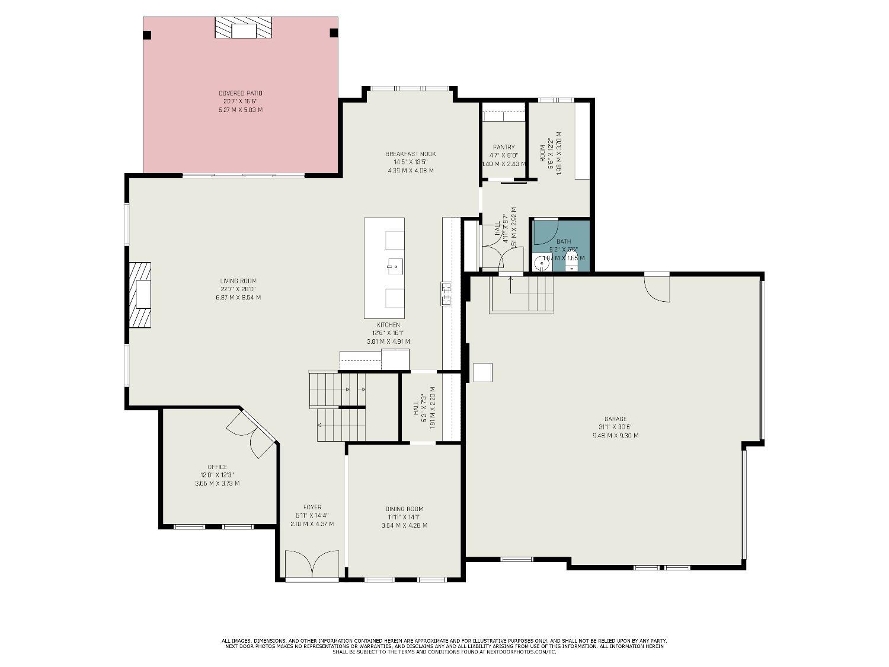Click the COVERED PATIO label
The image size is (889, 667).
point(240,93)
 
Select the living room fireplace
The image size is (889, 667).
point(140,295)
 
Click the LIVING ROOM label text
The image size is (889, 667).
point(238,281)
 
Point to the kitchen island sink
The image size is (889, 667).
point(394,267)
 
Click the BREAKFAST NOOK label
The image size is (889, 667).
point(410,154)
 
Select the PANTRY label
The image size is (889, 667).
point(504,147)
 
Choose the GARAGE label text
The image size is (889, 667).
point(615,419)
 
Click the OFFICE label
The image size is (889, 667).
point(217,467)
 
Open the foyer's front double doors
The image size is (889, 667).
point(312,564)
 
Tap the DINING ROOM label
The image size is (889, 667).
point(404,509)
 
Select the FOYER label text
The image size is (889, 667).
point(312,507)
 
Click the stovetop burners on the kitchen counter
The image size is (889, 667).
point(446,293)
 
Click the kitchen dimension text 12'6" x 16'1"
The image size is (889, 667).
point(388,333)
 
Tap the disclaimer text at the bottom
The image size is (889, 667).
point(444,646)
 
